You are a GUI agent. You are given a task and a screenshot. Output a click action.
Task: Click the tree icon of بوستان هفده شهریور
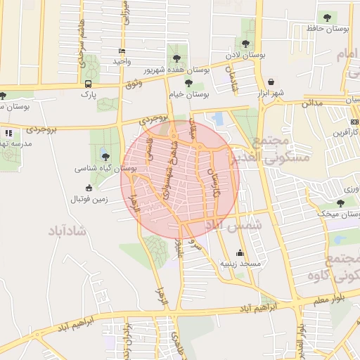click(x=175, y=58)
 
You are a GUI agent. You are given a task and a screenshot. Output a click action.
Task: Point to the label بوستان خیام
click(x=189, y=94)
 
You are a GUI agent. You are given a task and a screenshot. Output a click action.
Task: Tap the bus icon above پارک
click(x=88, y=84)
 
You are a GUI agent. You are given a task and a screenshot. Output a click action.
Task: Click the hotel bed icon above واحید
click(x=122, y=51)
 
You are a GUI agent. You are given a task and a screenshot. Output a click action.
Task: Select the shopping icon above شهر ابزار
click(x=271, y=82)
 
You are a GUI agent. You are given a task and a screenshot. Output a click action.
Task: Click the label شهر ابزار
click(x=269, y=93)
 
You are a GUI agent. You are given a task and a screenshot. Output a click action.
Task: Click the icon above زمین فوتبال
click(x=88, y=188)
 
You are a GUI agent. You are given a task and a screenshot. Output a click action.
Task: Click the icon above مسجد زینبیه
click(x=240, y=252)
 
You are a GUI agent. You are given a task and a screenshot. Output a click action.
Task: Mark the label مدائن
click(x=312, y=103)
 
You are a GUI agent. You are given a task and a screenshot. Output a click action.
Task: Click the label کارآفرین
click(x=344, y=132)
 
